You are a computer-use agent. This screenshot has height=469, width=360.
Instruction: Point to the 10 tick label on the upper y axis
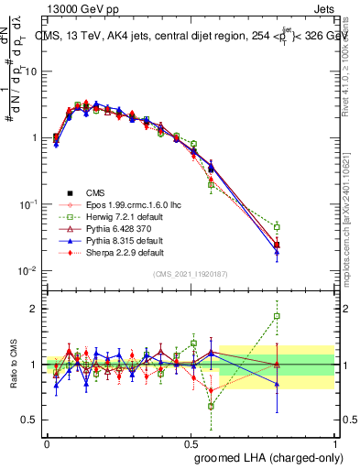pyautogui.click(x=31, y=71)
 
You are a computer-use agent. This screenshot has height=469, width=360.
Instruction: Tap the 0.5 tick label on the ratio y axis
pyautogui.click(x=31, y=420)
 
